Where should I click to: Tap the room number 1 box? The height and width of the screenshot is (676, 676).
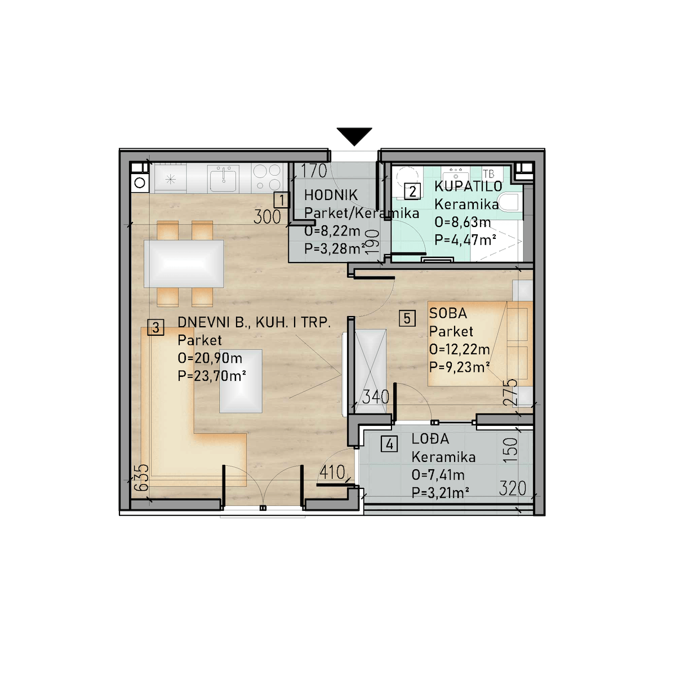point(282,201)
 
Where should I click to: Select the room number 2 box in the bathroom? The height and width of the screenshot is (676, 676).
point(412,192)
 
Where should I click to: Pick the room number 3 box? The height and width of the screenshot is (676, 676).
point(155,327)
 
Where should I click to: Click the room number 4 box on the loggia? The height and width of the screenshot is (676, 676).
point(389,444)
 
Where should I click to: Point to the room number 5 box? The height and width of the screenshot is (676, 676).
point(407,318)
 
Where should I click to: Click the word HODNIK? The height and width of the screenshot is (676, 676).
point(331,195)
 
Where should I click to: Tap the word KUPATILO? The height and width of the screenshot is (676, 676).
point(468,186)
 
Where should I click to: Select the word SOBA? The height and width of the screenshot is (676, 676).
point(448,313)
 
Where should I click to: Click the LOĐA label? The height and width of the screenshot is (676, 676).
point(430,438)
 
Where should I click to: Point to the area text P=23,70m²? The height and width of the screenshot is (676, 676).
point(212,376)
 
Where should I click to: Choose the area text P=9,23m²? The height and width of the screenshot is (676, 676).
point(459,367)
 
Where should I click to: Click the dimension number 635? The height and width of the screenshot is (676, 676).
point(142,478)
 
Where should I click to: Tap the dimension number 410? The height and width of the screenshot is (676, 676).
point(332,472)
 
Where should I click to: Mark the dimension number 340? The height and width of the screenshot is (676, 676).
point(375,397)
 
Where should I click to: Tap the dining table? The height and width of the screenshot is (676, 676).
point(184,264)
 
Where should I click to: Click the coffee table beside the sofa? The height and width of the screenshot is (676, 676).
point(241,381)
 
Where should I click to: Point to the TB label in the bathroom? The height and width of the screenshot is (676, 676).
point(488,174)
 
